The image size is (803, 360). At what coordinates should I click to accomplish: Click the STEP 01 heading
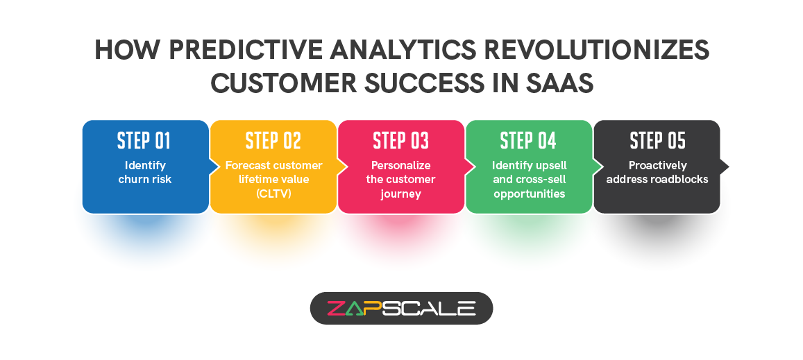144,141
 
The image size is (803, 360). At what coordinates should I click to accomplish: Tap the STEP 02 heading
273,141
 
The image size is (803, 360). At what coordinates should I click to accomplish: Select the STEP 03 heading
400,141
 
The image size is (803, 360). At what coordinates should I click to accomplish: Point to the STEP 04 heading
528,141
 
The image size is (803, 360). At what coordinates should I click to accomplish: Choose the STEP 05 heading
657,141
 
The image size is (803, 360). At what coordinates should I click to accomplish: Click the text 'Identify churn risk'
146,173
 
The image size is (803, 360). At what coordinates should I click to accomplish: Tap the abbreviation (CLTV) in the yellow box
273,194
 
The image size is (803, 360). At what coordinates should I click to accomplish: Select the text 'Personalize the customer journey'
401,180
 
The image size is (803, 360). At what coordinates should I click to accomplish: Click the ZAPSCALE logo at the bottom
401,308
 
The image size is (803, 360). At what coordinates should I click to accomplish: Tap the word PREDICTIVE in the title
239,51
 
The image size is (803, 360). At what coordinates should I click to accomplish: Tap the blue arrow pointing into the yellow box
212,166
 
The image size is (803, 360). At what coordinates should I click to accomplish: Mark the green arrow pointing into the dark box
595,166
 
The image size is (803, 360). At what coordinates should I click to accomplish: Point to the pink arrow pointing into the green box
468,166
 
